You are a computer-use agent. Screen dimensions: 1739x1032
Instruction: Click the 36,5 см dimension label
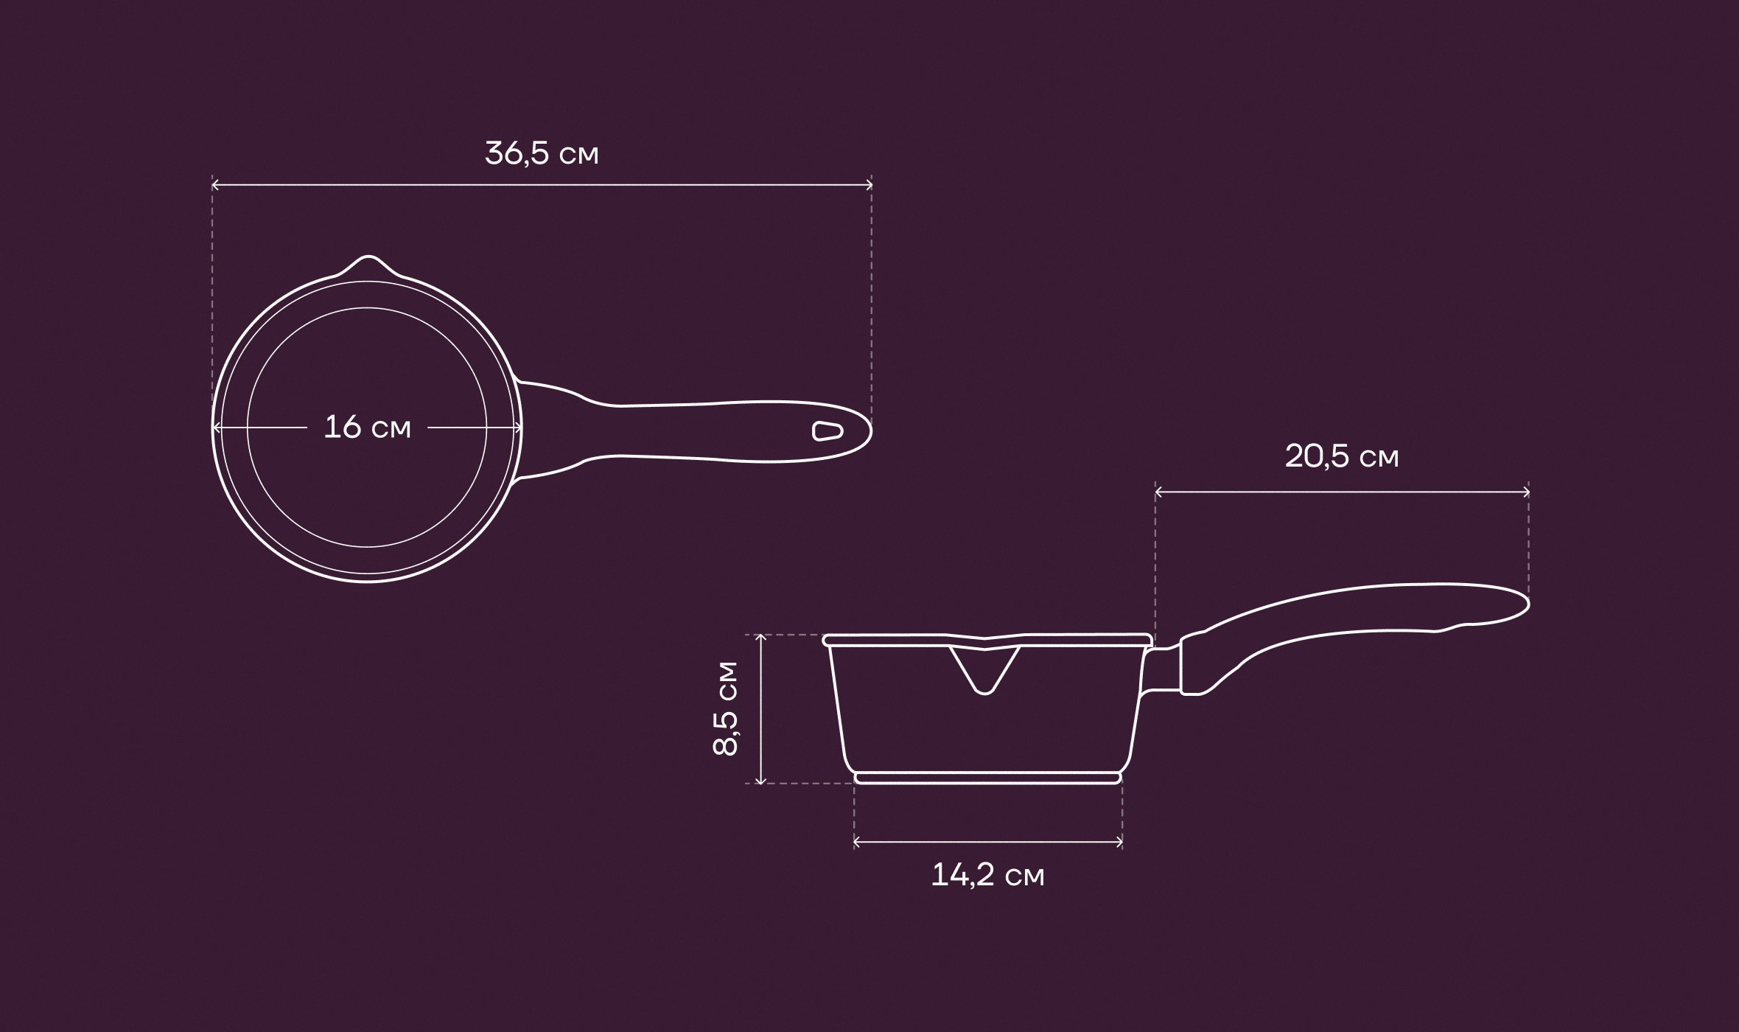[542, 154]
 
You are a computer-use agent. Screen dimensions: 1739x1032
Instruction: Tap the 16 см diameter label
[367, 428]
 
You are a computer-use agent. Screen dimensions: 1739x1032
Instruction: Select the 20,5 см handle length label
[1342, 457]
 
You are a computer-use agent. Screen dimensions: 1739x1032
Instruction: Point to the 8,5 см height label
[725, 708]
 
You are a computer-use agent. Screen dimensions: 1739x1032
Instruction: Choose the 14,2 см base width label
[988, 876]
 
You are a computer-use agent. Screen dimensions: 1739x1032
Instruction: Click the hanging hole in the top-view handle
[827, 431]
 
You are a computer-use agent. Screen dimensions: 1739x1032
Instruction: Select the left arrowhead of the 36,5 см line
[216, 186]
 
